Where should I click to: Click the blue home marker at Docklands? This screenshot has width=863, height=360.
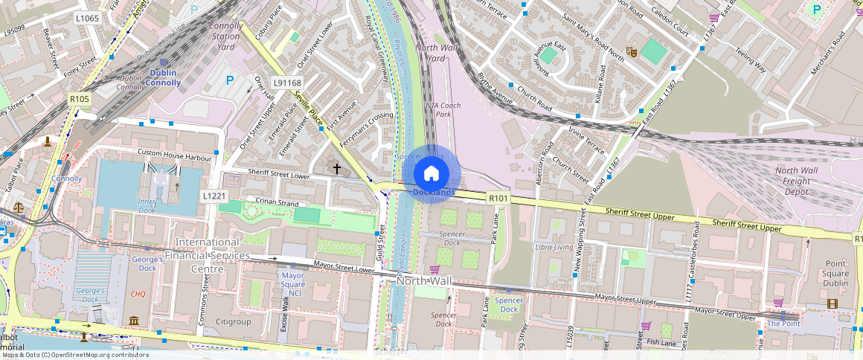[431, 174]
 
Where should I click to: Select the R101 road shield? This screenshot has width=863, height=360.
[498, 199]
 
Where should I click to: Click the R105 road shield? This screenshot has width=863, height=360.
[79, 99]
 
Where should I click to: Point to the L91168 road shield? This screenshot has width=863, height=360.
[287, 83]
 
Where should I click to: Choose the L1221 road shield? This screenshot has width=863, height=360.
[214, 196]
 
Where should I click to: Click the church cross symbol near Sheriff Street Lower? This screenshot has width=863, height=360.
[336, 170]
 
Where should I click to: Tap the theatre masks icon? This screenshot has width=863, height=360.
[631, 51]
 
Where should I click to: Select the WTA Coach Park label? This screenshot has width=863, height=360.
[443, 109]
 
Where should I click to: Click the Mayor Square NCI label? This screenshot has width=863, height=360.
[292, 283]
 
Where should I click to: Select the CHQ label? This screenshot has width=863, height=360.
[138, 294]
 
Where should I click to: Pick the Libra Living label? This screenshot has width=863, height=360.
[554, 247]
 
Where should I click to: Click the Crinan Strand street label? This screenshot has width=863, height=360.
[277, 203]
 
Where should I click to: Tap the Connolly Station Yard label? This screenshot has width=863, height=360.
[226, 36]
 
